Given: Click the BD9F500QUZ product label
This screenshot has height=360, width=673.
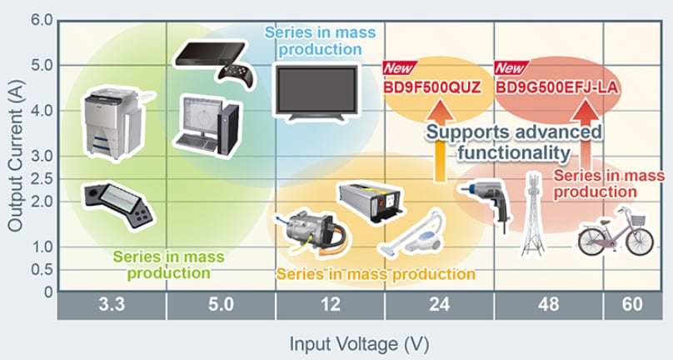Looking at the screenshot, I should pyautogui.click(x=432, y=86).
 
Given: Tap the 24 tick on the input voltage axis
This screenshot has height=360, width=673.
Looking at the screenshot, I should pyautogui.click(x=439, y=306).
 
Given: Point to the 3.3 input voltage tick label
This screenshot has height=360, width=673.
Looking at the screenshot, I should pyautogui.click(x=111, y=306).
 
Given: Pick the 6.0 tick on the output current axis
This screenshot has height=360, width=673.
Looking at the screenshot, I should pyautogui.click(x=41, y=19).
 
